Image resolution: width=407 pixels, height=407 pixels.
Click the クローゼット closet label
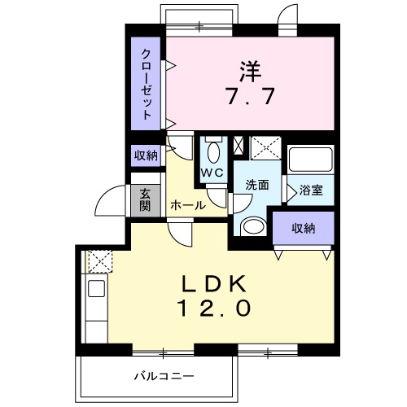point(147,84)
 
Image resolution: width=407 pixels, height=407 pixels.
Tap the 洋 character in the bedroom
point(250,72)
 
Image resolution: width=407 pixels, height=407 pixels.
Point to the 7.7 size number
point(250,96)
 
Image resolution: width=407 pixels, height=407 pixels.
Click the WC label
point(212,172)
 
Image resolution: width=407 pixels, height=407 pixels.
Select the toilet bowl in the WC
point(214,152)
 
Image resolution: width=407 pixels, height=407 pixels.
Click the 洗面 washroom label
point(257,185)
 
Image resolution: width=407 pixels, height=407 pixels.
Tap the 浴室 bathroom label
point(311,190)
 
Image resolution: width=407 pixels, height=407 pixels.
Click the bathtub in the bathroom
point(311,160)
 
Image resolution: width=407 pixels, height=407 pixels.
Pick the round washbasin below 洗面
point(254,225)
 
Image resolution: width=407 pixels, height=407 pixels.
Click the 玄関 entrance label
point(145,201)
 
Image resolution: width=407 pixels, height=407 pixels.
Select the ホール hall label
point(188,205)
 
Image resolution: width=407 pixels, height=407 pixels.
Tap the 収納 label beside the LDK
point(304,229)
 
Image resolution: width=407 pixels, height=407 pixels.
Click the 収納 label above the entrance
point(146,155)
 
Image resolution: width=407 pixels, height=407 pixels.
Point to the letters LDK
point(213,284)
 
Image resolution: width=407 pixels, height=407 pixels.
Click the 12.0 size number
point(213,308)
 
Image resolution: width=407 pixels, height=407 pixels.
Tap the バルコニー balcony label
point(164,376)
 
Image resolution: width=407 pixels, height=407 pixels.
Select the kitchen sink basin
point(97,288)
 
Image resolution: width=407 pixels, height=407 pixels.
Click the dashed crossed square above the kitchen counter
point(100,261)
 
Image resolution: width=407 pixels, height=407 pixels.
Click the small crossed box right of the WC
point(239,147)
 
